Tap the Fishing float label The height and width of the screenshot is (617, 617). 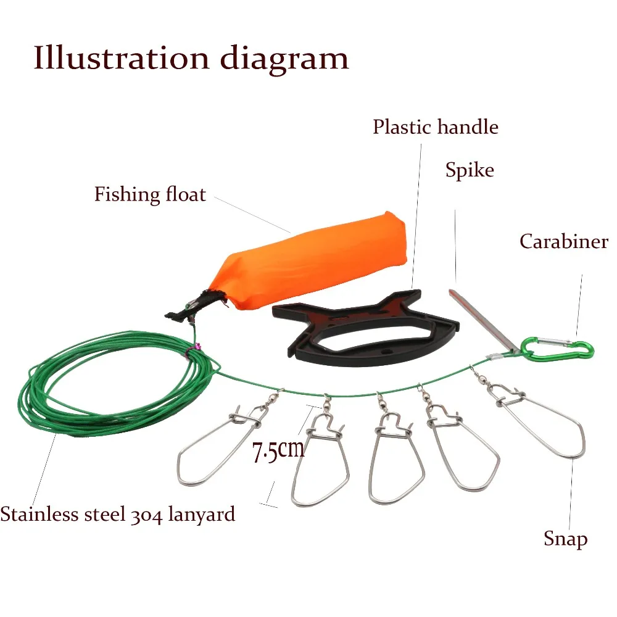[x=150, y=194]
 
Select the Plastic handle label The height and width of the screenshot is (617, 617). [x=435, y=127]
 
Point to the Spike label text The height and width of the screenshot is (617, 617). [x=470, y=170]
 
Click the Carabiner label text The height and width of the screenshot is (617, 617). [x=563, y=241]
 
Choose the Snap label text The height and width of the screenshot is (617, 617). [x=565, y=539]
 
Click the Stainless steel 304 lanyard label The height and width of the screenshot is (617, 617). [x=117, y=514]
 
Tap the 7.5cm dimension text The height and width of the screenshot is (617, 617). [x=278, y=450]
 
